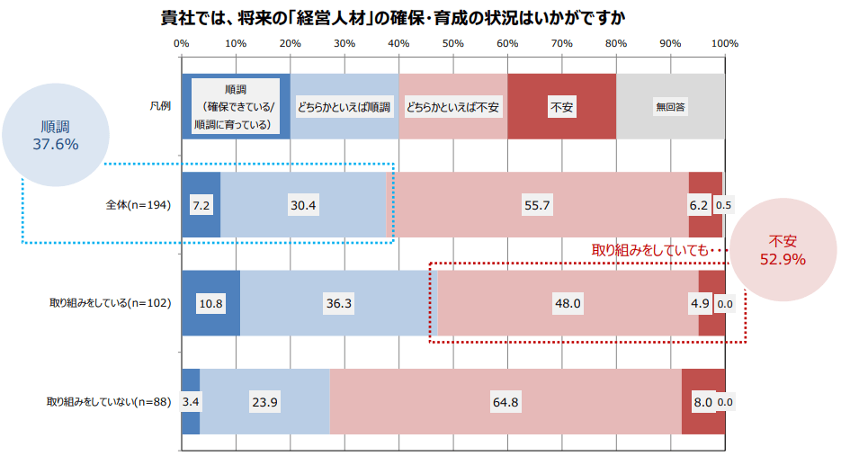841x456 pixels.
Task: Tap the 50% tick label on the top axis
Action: [x=452, y=43]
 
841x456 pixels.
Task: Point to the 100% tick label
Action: [x=724, y=43]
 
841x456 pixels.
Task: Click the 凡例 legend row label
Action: [x=160, y=106]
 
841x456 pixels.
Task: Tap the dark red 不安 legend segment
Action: [x=561, y=106]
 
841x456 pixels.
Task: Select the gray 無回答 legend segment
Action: [x=670, y=106]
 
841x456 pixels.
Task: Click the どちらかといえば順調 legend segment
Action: [x=344, y=106]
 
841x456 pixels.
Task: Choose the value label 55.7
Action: [x=537, y=205]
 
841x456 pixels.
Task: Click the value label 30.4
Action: [x=303, y=205]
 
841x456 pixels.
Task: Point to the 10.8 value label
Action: [x=210, y=304]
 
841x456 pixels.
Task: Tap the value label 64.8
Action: [x=505, y=402]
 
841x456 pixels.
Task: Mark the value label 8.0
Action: [x=702, y=402]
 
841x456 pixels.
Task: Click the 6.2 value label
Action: [x=699, y=205]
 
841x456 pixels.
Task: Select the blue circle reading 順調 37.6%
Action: [x=56, y=135]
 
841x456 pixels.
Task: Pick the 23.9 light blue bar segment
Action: [x=264, y=402]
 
